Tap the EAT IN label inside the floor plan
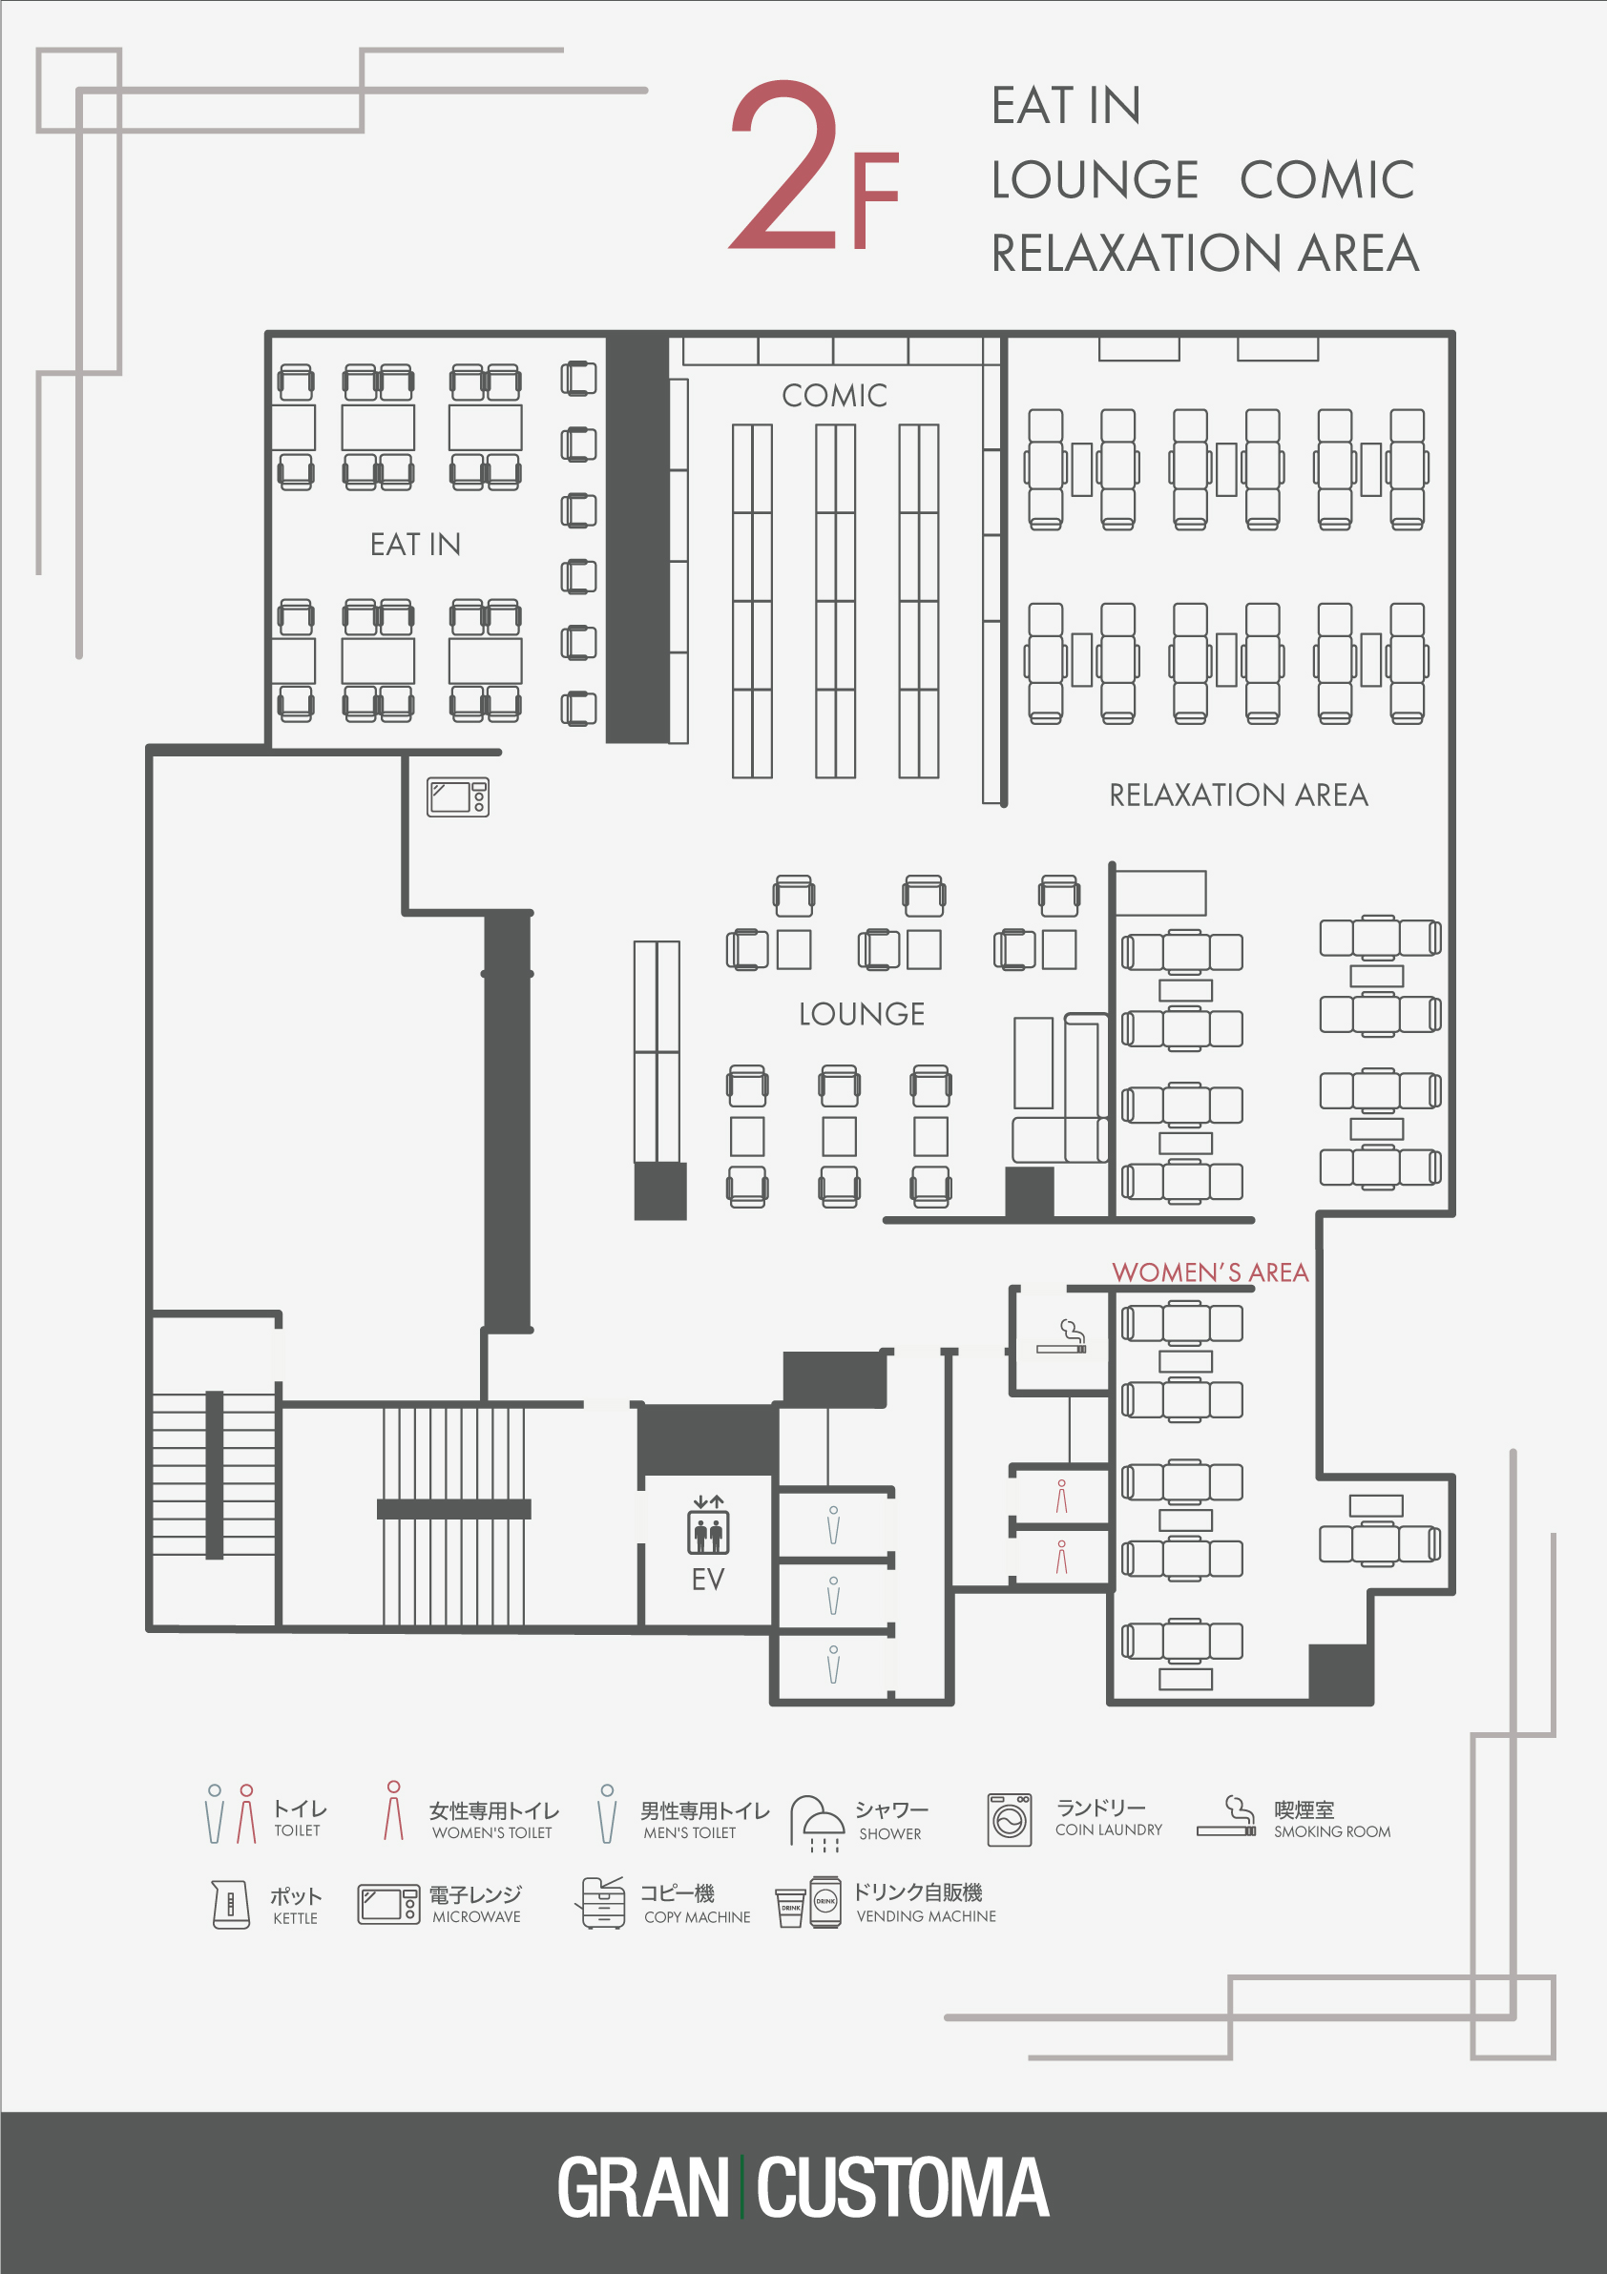415,544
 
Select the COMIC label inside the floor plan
834,395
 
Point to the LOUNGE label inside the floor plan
861,1013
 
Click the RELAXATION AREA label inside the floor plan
1238,795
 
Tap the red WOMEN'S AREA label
1210,1271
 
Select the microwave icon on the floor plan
458,796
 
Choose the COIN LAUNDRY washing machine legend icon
1010,1819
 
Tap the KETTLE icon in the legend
231,1904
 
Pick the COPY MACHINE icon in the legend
601,1903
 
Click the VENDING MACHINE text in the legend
926,1916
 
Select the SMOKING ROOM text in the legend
1331,1831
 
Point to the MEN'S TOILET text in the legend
690,1832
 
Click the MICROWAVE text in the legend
475,1916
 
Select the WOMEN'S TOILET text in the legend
491,1832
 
